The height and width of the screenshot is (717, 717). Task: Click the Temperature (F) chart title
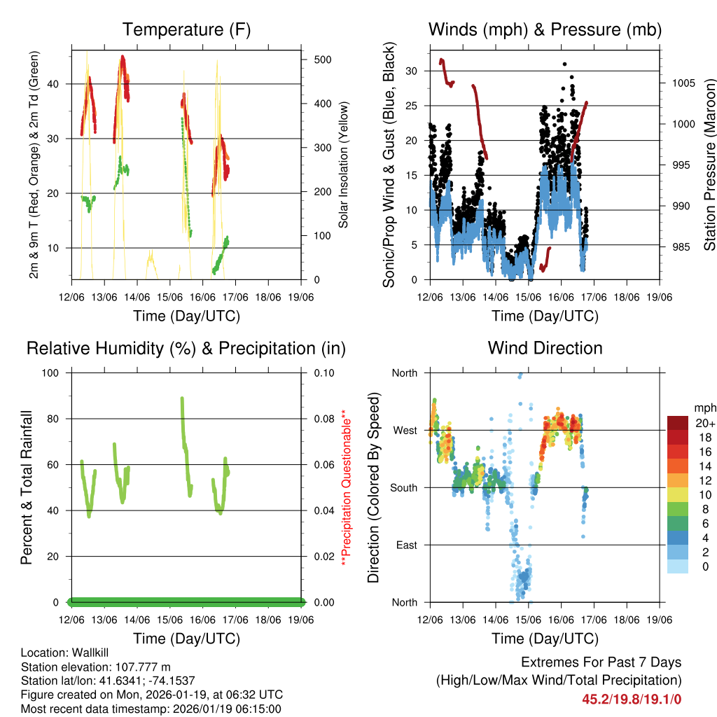tap(186, 30)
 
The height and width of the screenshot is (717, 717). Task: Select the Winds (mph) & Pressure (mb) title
tap(545, 30)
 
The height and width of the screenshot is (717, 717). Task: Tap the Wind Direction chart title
tap(545, 348)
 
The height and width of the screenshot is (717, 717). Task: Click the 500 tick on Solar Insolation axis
tap(322, 60)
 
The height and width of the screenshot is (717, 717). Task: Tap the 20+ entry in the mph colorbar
tap(705, 423)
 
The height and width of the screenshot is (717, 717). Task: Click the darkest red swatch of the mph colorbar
tap(679, 423)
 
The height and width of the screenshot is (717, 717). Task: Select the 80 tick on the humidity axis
tap(55, 419)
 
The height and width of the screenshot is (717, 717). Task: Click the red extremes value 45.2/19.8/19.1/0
tap(632, 698)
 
